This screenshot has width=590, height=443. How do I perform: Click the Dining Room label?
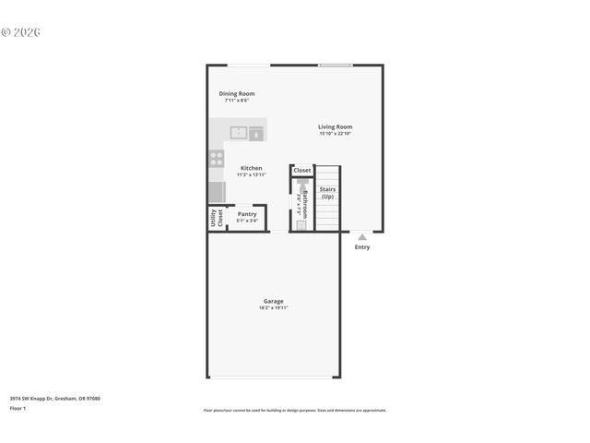237,93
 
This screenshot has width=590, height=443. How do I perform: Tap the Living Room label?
336,127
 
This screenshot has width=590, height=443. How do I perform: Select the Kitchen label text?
251,168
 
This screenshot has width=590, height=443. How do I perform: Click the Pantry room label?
247,213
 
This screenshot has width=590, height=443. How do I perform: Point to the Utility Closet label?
217,218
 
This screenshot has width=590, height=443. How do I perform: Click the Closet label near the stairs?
302,171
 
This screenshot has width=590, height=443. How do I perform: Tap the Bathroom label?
305,203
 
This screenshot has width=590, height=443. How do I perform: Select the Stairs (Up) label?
327,193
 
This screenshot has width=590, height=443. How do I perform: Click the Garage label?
274,301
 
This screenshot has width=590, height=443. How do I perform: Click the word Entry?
362,246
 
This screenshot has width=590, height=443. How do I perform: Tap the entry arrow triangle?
362,237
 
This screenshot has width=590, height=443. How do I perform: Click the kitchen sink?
239,132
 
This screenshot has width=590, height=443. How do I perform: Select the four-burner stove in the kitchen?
217,158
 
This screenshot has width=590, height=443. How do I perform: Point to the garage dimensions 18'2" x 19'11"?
274,308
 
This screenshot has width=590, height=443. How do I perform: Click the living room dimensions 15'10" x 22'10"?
336,134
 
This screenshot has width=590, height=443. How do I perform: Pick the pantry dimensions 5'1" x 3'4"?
247,220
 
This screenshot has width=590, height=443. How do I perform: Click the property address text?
55,398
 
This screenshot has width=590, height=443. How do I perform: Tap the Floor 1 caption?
18,407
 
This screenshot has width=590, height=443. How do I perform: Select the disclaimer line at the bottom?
295,410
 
